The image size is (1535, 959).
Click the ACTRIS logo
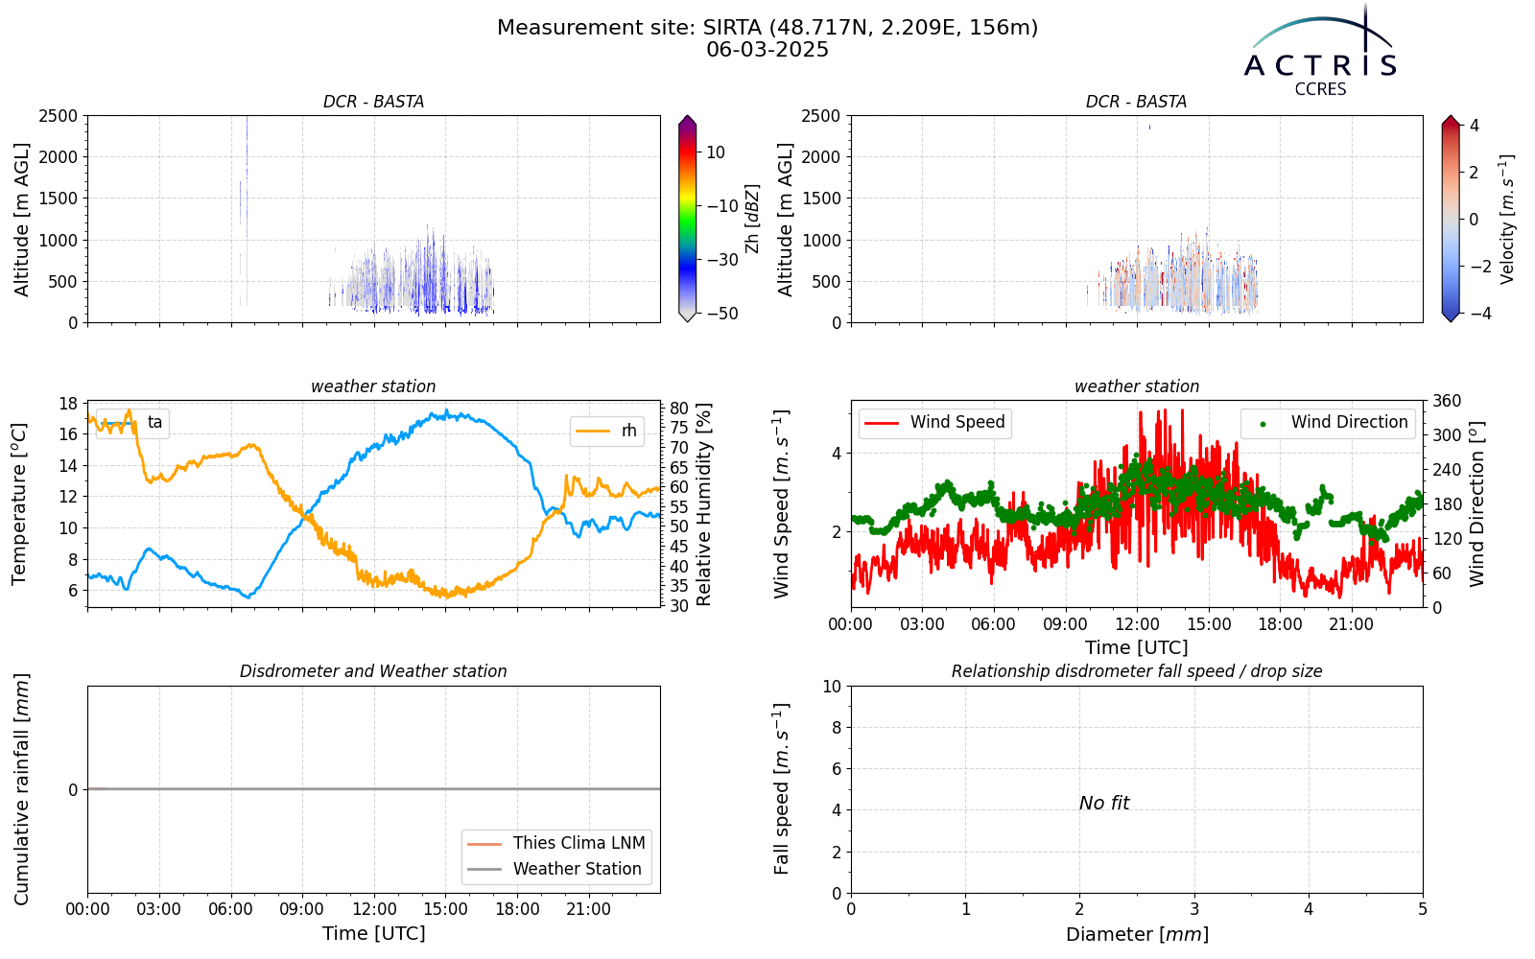pyautogui.click(x=1320, y=52)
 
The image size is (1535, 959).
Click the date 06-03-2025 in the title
pyautogui.click(x=767, y=50)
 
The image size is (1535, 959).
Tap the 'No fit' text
pyautogui.click(x=1104, y=803)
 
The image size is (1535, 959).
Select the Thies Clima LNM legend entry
pyautogui.click(x=555, y=843)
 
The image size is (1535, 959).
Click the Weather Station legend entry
pyautogui.click(x=555, y=869)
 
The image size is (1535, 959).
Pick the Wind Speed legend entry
pyautogui.click(x=934, y=422)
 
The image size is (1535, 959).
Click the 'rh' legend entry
pyautogui.click(x=606, y=431)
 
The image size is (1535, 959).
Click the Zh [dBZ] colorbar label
pyautogui.click(x=752, y=219)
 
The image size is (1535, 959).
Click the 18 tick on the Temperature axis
pyautogui.click(x=68, y=404)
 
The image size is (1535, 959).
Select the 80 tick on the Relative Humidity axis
pyautogui.click(x=678, y=409)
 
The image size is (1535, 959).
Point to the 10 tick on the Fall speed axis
pyautogui.click(x=832, y=687)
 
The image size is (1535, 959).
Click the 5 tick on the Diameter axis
pyautogui.click(x=1423, y=910)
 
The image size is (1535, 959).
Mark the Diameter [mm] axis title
pyautogui.click(x=1137, y=934)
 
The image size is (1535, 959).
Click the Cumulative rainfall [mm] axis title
pyautogui.click(x=21, y=789)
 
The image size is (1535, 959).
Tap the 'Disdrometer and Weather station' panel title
pyautogui.click(x=373, y=671)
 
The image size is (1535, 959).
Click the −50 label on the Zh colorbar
pyautogui.click(x=722, y=314)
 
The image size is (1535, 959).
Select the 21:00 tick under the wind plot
pyautogui.click(x=1352, y=624)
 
